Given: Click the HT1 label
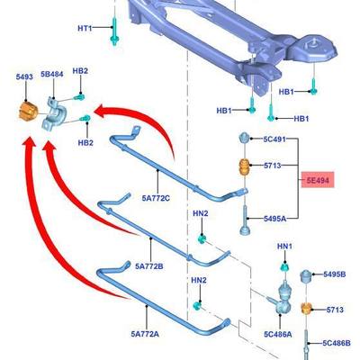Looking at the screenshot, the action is pyautogui.click(x=85, y=28).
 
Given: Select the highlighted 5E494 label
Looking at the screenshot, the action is pyautogui.click(x=318, y=180).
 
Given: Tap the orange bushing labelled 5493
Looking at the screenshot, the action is pyautogui.click(x=28, y=112).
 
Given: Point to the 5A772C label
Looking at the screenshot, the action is pyautogui.click(x=156, y=198).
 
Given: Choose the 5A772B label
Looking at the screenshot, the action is pyautogui.click(x=149, y=266).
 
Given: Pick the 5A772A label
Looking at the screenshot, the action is pyautogui.click(x=145, y=334).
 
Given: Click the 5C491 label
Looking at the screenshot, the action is pyautogui.click(x=274, y=139).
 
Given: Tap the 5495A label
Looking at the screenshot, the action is pyautogui.click(x=274, y=219).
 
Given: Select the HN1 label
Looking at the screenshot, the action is pyautogui.click(x=284, y=247).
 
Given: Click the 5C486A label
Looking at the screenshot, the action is pyautogui.click(x=278, y=334).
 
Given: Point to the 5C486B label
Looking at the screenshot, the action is pyautogui.click(x=337, y=343).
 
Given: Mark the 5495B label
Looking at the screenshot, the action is pyautogui.click(x=335, y=274).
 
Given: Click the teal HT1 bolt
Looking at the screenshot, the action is pyautogui.click(x=114, y=31).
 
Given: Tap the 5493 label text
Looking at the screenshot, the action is pyautogui.click(x=24, y=77).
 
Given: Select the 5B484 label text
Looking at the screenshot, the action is pyautogui.click(x=52, y=74).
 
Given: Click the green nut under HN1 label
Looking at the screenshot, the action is pyautogui.click(x=284, y=266).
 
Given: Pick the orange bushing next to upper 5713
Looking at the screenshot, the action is pyautogui.click(x=244, y=167).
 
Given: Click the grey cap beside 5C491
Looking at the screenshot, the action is pyautogui.click(x=244, y=138).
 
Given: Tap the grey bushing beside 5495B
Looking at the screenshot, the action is pyautogui.click(x=306, y=276).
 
